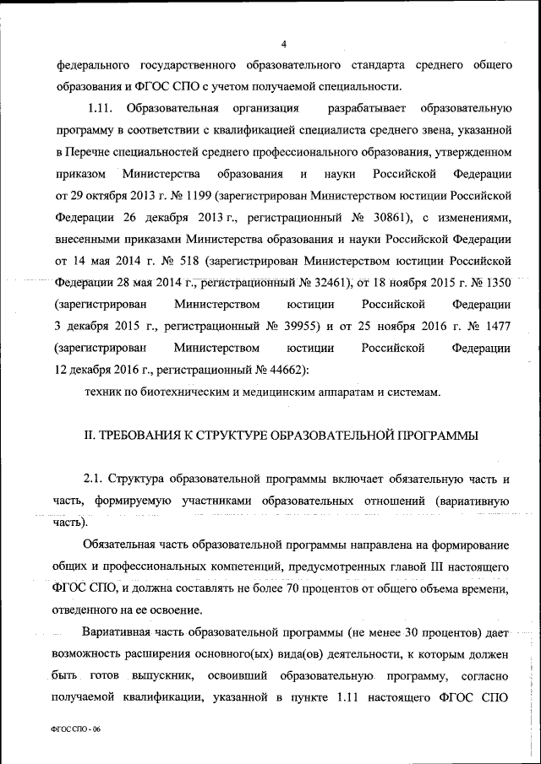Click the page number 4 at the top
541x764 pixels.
click(x=284, y=44)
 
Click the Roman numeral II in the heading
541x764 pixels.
click(x=87, y=436)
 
